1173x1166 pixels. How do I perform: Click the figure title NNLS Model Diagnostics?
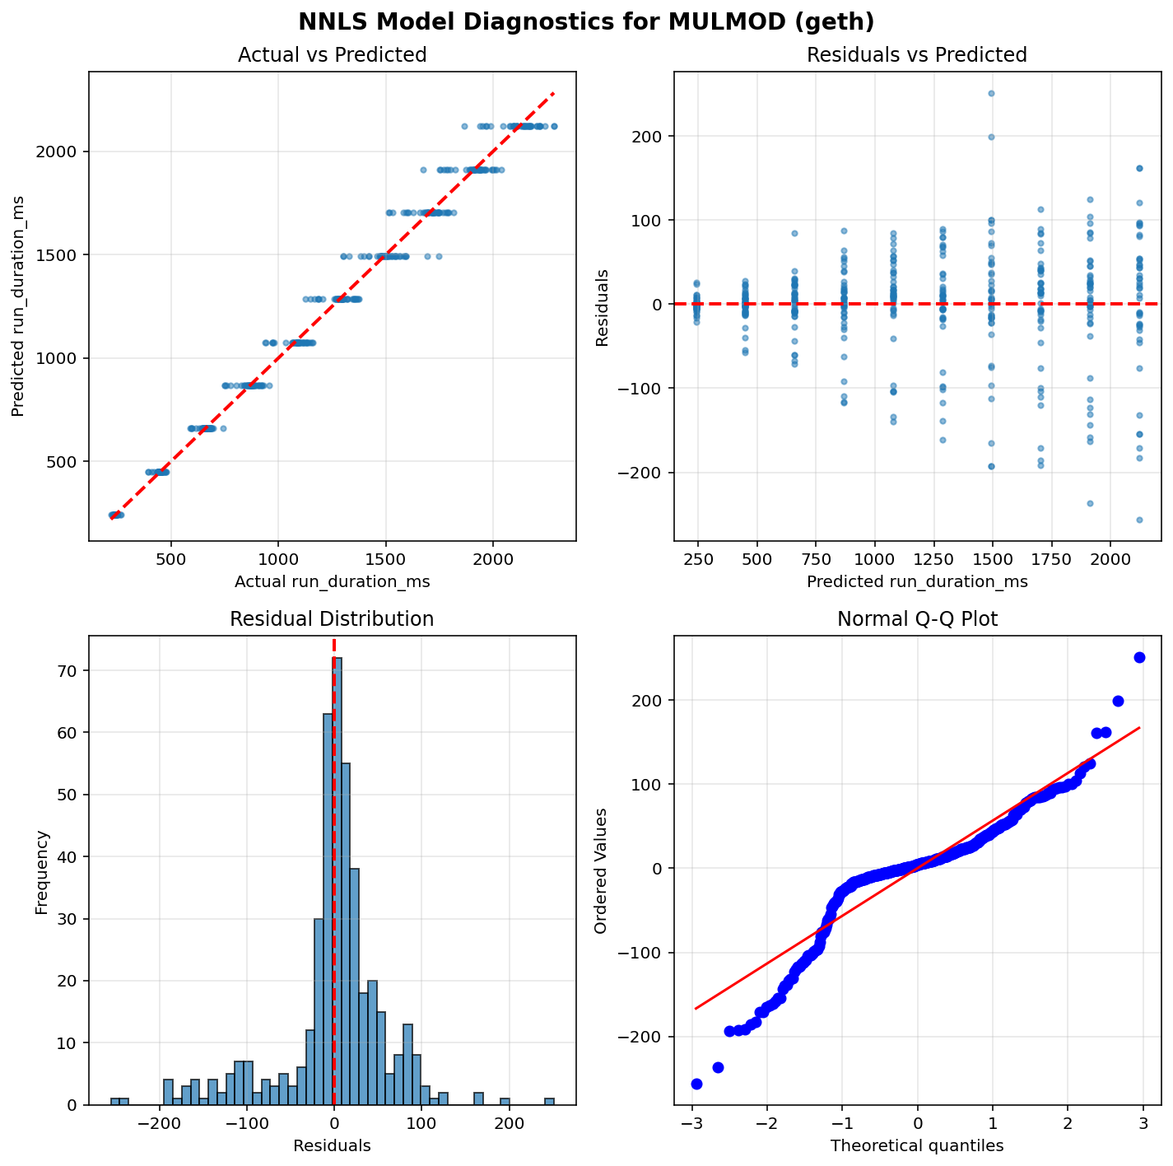click(x=586, y=22)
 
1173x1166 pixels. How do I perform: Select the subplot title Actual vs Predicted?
click(x=332, y=55)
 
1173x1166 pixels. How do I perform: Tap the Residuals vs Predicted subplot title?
click(x=917, y=55)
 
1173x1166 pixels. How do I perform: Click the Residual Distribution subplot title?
click(x=332, y=619)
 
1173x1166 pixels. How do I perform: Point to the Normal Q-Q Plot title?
click(x=917, y=619)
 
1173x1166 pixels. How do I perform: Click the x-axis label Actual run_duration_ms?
click(x=332, y=582)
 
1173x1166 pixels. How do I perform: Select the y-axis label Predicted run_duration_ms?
click(x=18, y=306)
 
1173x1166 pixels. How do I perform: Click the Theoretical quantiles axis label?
click(x=917, y=1145)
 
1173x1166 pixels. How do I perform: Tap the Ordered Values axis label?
click(x=601, y=870)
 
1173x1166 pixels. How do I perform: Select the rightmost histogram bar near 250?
click(x=549, y=1102)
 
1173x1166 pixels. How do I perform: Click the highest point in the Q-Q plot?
click(x=1139, y=657)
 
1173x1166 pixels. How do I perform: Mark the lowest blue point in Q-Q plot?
click(x=696, y=1084)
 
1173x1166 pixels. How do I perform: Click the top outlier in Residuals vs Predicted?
click(x=991, y=93)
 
